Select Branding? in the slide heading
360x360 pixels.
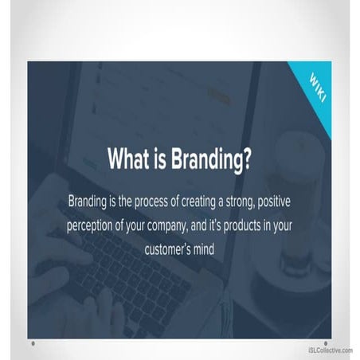tap(211, 158)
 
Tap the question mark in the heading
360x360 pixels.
tap(250, 157)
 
